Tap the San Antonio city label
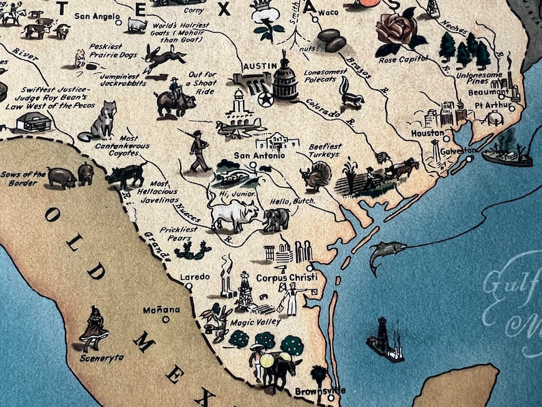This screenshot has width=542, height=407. pos(257,155)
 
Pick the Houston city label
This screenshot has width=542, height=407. pos(427,133)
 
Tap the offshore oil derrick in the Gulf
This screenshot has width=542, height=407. pos(385,339)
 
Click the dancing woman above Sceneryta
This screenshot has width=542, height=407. pos(94,326)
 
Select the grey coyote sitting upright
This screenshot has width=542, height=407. pos(102,122)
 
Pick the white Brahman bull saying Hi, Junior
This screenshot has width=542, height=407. pos(232,216)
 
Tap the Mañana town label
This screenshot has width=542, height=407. pos(162,309)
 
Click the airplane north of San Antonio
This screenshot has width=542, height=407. pos(239,128)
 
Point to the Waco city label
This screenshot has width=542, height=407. pos(328,12)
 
